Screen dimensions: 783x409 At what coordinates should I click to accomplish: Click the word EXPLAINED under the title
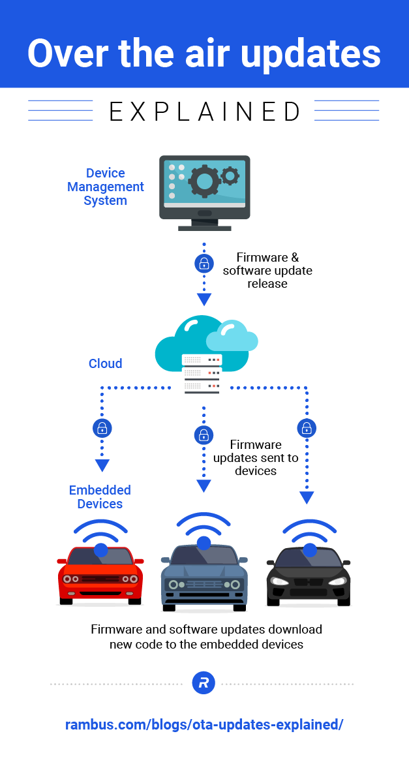pos(204,112)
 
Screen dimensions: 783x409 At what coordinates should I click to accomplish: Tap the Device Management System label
pos(106,187)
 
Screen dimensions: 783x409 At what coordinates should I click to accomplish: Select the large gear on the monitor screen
pos(205,179)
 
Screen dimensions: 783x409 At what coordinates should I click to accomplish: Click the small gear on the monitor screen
pos(230,175)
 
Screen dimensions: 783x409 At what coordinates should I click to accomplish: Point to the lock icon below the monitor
pos(204,264)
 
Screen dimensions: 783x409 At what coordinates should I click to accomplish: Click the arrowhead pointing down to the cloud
pos(204,299)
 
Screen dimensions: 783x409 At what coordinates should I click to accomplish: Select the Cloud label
pos(106,363)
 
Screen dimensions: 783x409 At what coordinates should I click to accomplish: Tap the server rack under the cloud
pos(202,374)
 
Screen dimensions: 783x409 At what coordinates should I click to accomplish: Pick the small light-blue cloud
pos(232,337)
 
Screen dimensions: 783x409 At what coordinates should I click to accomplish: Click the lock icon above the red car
pos(102,428)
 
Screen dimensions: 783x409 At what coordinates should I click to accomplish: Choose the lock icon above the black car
pos(307,428)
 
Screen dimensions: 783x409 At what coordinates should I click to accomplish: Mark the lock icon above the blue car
pos(204,435)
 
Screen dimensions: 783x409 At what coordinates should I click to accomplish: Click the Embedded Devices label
pos(100,497)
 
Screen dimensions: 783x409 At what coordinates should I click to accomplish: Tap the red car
pos(100,574)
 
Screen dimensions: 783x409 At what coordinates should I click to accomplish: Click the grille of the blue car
pos(204,584)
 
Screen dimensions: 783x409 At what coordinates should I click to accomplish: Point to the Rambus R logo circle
pos(204,684)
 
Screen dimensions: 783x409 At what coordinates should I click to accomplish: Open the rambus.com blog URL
pos(204,725)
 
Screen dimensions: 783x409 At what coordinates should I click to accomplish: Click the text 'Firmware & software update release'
pos(267,271)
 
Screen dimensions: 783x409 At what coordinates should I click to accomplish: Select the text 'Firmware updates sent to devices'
pos(256,458)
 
